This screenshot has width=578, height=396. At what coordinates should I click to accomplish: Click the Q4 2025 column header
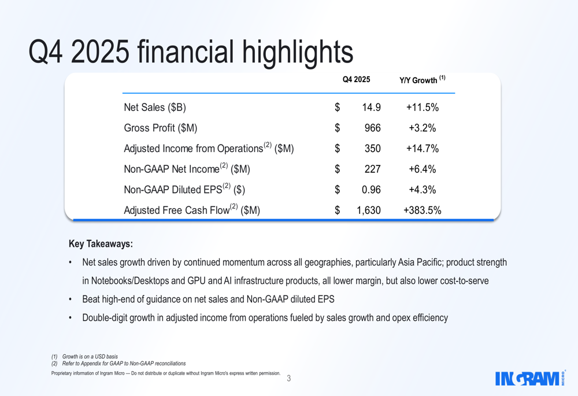(x=356, y=80)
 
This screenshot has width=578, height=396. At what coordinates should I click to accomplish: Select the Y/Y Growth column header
(x=422, y=80)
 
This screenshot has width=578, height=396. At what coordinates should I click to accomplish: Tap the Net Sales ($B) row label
(x=155, y=108)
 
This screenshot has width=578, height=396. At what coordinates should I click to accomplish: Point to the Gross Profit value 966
(x=372, y=128)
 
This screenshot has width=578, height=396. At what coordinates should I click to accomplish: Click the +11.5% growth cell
(x=422, y=108)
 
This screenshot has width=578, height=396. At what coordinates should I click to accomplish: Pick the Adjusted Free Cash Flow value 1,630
(x=368, y=210)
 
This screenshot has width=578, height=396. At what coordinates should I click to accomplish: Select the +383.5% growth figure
(x=422, y=210)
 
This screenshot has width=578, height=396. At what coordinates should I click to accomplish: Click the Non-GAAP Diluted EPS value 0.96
(x=371, y=190)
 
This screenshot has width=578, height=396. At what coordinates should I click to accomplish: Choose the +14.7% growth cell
(x=422, y=149)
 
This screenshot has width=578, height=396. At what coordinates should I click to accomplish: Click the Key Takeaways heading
(x=101, y=244)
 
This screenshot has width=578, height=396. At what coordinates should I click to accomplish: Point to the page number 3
(x=289, y=379)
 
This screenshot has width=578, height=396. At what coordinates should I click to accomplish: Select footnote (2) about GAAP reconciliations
(x=118, y=364)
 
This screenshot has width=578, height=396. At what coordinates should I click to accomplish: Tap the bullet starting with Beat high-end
(x=208, y=299)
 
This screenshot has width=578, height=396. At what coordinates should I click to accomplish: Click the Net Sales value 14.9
(x=371, y=108)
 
